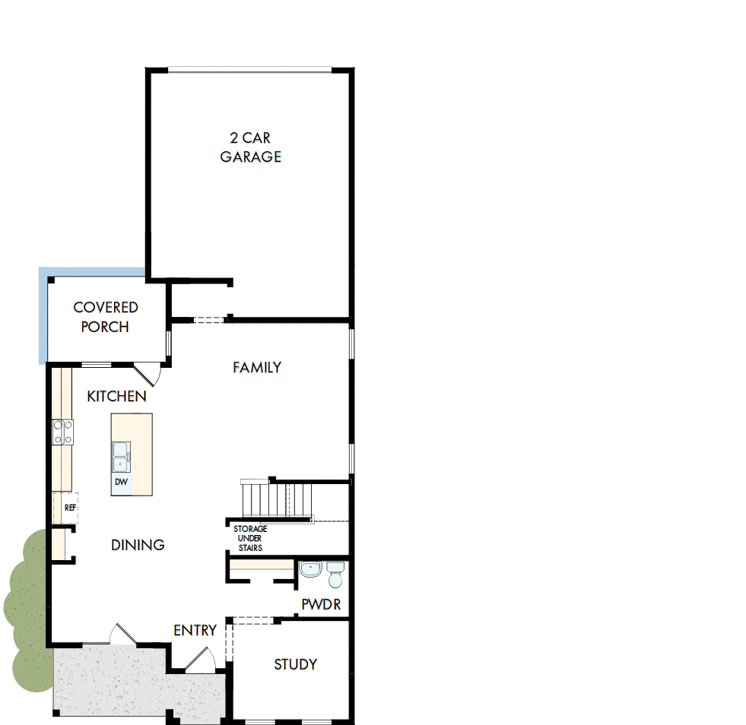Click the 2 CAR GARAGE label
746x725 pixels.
coord(251,147)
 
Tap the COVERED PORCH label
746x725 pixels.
coord(106,317)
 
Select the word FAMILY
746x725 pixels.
coord(257,368)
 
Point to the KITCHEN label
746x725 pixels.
coord(116,397)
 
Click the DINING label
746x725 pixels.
coord(138,545)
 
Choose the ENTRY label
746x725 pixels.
coord(195,630)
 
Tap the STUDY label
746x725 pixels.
coord(295,664)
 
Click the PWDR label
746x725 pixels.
coord(321,605)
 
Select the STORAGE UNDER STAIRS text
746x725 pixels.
coord(249,538)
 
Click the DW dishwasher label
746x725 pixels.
coord(121,482)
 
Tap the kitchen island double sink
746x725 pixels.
coord(120,455)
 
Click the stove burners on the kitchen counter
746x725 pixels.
coord(63,432)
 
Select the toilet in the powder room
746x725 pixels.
coord(335,575)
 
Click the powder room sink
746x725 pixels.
coord(310,568)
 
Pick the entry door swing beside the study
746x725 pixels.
coord(201,659)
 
